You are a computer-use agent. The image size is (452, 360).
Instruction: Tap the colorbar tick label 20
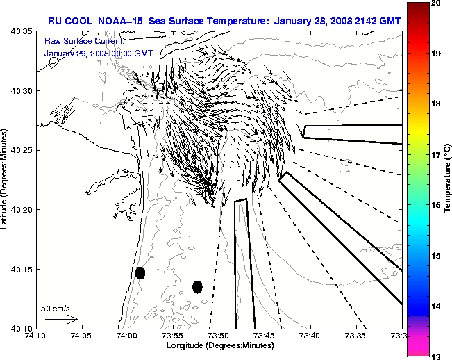(437, 4)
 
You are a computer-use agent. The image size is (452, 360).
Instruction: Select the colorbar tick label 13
(437, 356)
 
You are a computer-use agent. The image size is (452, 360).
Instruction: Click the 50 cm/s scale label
(56, 308)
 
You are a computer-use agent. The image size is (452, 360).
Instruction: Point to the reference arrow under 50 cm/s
(61, 319)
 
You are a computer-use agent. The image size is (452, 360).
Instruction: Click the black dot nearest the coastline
(140, 272)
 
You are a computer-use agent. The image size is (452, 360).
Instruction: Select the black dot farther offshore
(197, 286)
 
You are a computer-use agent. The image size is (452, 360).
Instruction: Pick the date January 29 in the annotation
(65, 53)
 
